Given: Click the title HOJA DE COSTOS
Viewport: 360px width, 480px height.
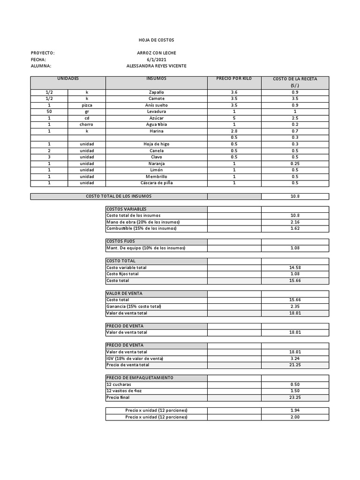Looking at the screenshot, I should pyautogui.click(x=156, y=41).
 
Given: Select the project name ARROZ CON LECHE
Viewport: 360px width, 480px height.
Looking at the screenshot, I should pyautogui.click(x=157, y=53).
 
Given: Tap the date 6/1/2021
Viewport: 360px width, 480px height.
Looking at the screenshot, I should pyautogui.click(x=157, y=60).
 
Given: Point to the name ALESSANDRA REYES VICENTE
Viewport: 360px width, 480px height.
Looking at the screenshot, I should pyautogui.click(x=157, y=66).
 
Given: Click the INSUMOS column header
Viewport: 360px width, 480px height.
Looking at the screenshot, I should pyautogui.click(x=157, y=78).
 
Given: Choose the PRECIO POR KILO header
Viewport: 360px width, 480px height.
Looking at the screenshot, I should pyautogui.click(x=234, y=78).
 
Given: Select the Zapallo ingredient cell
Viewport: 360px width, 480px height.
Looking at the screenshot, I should pyautogui.click(x=157, y=92).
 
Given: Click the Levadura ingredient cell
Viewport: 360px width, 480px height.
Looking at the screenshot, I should pyautogui.click(x=157, y=112).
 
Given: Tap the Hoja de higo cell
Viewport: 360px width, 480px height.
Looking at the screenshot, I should pyautogui.click(x=157, y=144).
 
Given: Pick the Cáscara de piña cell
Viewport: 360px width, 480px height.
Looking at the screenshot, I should pyautogui.click(x=157, y=183).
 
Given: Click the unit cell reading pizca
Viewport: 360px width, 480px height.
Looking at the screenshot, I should pyautogui.click(x=87, y=105).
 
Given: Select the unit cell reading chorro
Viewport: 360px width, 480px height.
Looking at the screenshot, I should pyautogui.click(x=87, y=125).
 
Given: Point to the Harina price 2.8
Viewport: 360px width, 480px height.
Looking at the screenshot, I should pyautogui.click(x=234, y=131).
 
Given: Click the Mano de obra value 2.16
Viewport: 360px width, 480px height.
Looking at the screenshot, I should pyautogui.click(x=295, y=222).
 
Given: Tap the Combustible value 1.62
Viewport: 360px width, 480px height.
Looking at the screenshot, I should pyautogui.click(x=295, y=228).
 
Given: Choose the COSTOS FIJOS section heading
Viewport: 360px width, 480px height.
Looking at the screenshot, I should pyautogui.click(x=121, y=241).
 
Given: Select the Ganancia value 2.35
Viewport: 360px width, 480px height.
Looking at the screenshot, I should pyautogui.click(x=295, y=307).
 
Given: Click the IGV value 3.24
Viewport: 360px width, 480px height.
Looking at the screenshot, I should pyautogui.click(x=295, y=359).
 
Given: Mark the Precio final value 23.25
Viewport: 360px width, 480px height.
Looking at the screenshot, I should pyautogui.click(x=295, y=397).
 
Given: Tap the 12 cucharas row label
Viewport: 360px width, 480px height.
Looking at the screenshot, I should pyautogui.click(x=120, y=384).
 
